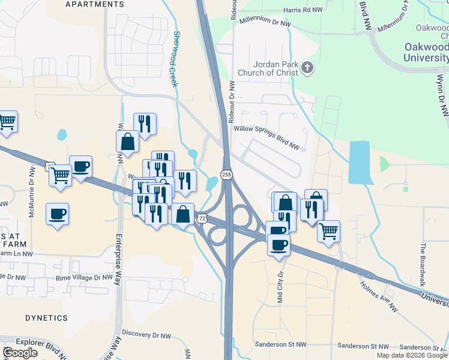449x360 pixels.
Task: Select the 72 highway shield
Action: click(203, 219)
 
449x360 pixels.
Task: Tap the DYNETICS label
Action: click(46, 317)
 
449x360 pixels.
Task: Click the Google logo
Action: click(20, 353)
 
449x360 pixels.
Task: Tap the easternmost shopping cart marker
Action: click(328, 230)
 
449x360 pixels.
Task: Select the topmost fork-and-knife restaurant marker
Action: click(145, 123)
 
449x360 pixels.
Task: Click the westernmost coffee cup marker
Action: click(58, 214)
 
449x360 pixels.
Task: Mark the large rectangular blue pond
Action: click(359, 162)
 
